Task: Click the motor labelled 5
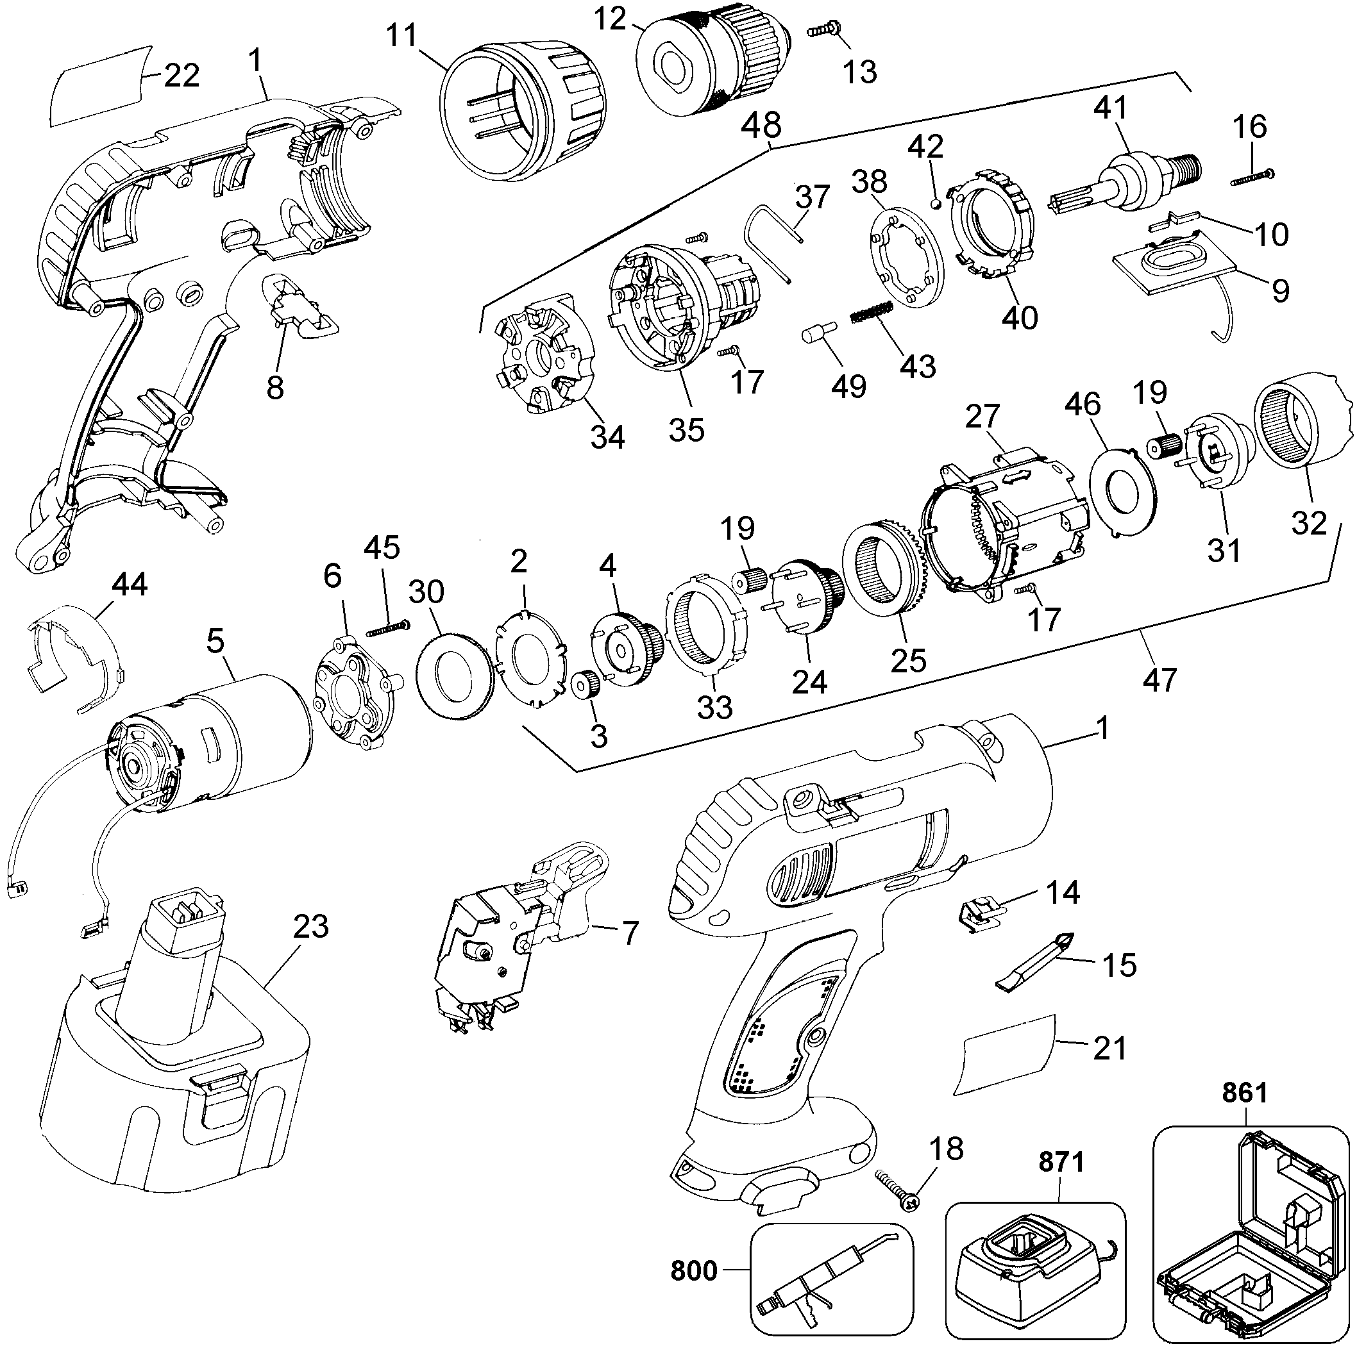pos(211,744)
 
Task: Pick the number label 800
pos(694,1271)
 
